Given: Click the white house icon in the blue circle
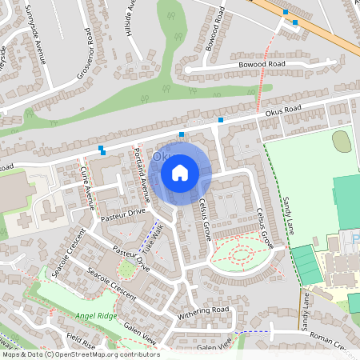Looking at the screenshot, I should click(180, 172).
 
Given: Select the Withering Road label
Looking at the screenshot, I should click(203, 311).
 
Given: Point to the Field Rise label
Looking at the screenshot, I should click(81, 339).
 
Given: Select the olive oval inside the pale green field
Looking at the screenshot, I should click(341, 142).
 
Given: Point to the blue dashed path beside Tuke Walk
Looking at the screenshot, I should click(146, 240).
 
